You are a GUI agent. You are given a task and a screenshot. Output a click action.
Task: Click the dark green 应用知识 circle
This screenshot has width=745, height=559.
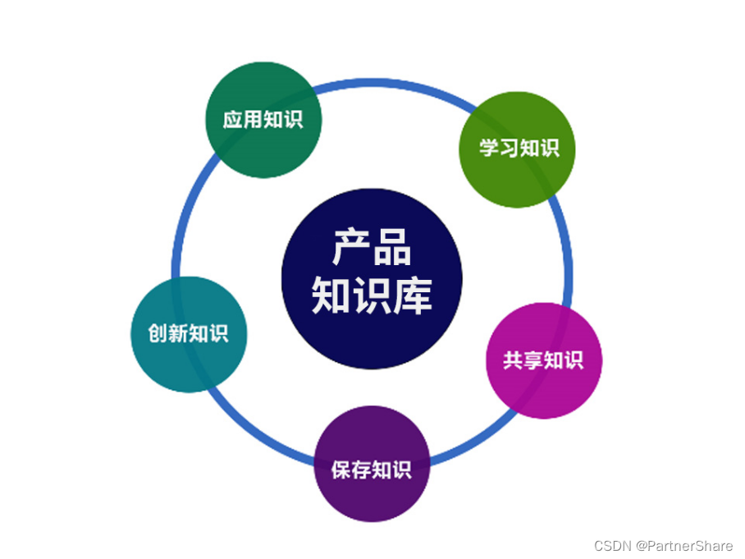pyautogui.click(x=263, y=120)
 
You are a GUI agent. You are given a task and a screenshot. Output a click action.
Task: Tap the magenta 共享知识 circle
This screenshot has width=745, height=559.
pyautogui.click(x=543, y=361)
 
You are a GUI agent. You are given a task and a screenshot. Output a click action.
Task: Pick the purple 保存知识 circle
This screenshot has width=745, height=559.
pyautogui.click(x=372, y=464)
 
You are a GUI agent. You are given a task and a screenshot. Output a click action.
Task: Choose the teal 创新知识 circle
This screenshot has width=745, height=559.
pyautogui.click(x=189, y=334)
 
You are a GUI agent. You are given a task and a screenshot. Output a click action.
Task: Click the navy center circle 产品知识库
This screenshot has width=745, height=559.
pyautogui.click(x=372, y=279)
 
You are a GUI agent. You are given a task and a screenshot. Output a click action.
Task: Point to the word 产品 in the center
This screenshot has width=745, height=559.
pyautogui.click(x=372, y=246)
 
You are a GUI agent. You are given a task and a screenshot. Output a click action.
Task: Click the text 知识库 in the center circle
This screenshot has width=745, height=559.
pyautogui.click(x=372, y=296)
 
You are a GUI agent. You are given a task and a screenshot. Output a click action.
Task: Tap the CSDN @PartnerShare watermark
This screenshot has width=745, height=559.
pyautogui.click(x=663, y=546)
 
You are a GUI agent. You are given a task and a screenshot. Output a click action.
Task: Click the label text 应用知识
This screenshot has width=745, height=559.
pyautogui.click(x=263, y=120)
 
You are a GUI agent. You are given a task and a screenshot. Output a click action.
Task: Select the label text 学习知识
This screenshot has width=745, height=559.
pyautogui.click(x=519, y=148)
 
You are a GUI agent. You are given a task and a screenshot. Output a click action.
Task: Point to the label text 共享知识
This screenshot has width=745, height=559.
pyautogui.click(x=543, y=360)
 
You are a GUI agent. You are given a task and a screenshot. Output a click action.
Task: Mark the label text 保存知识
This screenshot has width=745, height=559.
pyautogui.click(x=372, y=470)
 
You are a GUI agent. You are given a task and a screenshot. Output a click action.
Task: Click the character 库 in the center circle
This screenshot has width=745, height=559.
pyautogui.click(x=413, y=296)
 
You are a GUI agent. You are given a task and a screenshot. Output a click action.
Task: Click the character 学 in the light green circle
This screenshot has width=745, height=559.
pyautogui.click(x=489, y=149)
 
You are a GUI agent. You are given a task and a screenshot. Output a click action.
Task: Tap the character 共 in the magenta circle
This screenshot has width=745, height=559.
pyautogui.click(x=513, y=360)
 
